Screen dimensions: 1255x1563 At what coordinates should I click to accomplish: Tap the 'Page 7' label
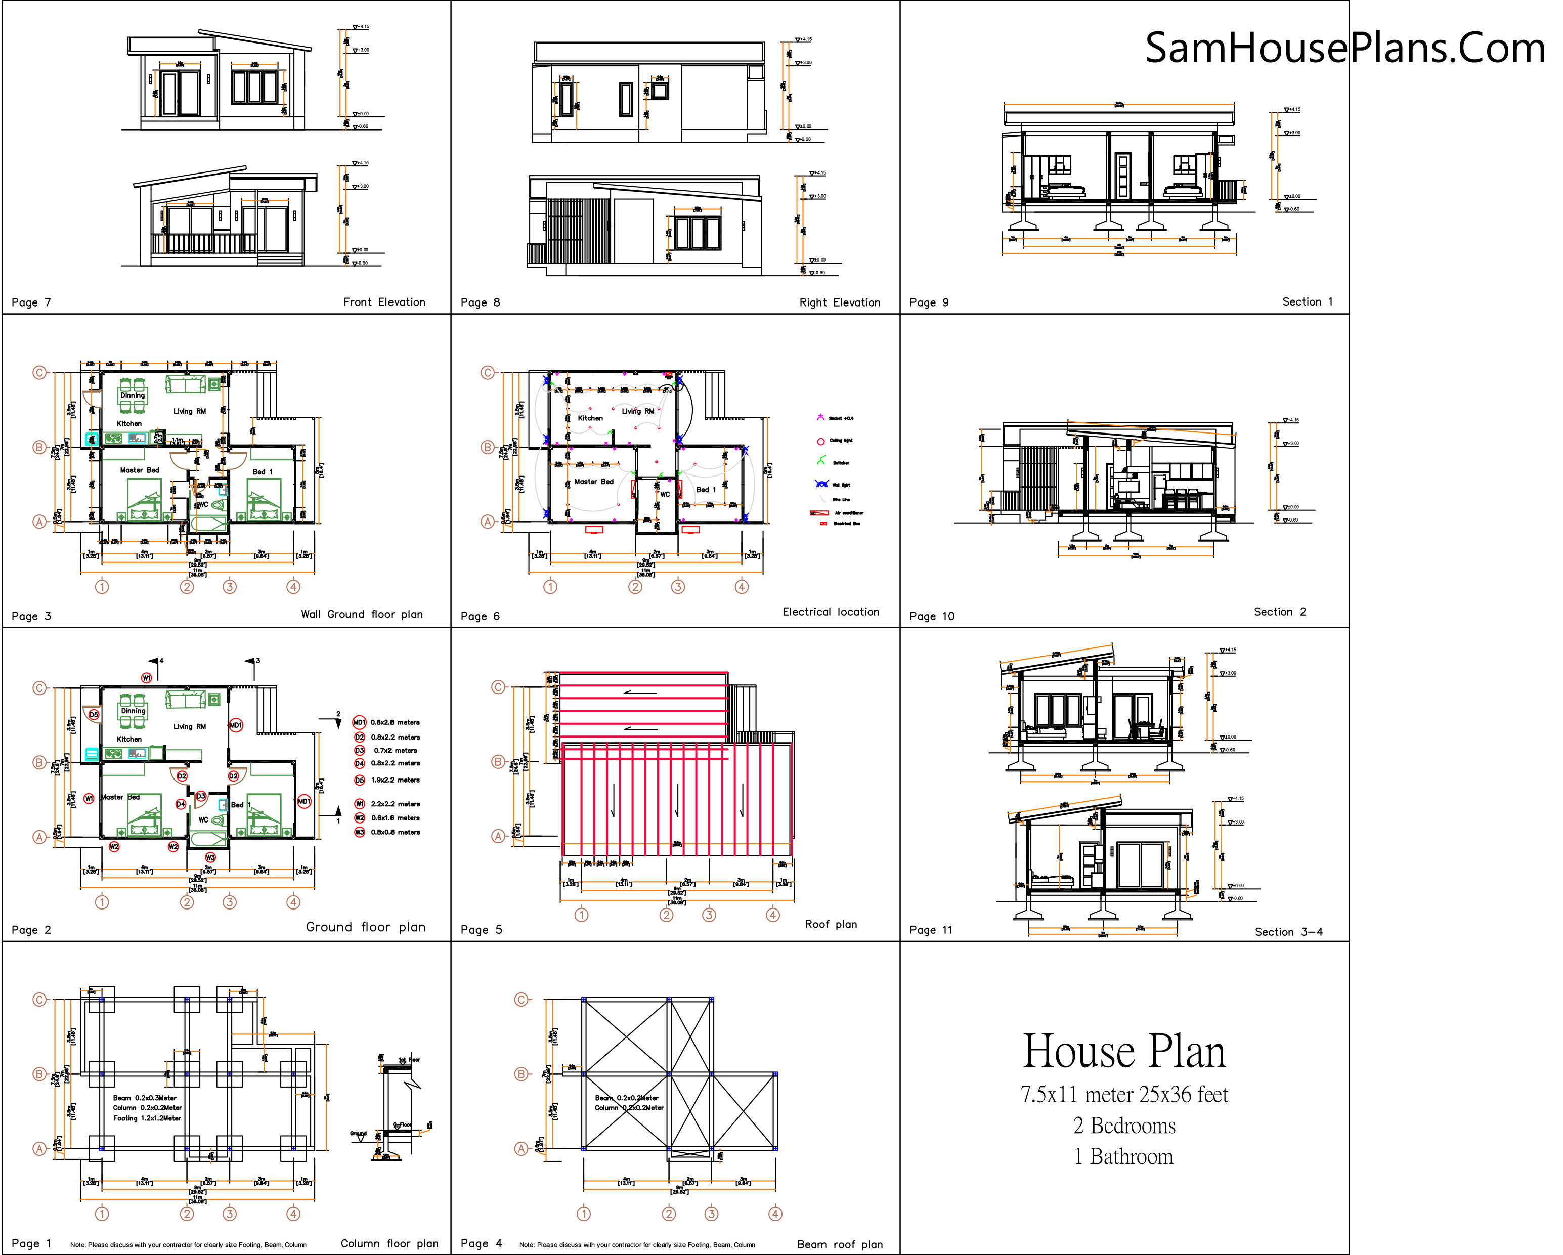pyautogui.click(x=31, y=302)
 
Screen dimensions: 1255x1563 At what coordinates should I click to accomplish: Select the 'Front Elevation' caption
pyautogui.click(x=384, y=301)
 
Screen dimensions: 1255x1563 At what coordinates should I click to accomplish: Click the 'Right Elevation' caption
pyautogui.click(x=840, y=302)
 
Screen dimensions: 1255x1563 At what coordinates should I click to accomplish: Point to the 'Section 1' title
pyautogui.click(x=1307, y=301)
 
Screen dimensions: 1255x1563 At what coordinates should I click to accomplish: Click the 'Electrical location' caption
pyautogui.click(x=831, y=611)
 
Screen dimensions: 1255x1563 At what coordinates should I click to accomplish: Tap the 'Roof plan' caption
pyautogui.click(x=831, y=924)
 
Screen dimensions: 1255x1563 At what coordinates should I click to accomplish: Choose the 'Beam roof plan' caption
pyautogui.click(x=840, y=1244)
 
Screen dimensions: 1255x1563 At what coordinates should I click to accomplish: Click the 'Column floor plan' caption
pyautogui.click(x=389, y=1243)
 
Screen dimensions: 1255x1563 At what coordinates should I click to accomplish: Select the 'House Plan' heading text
pyautogui.click(x=1123, y=1051)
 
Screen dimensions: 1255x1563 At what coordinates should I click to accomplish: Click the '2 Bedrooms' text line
pyautogui.click(x=1123, y=1125)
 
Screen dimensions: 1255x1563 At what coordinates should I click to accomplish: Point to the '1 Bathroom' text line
pyautogui.click(x=1123, y=1156)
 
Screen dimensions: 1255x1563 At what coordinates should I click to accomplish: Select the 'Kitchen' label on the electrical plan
pyautogui.click(x=590, y=418)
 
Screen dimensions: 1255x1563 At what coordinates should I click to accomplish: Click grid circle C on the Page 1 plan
pyautogui.click(x=39, y=1000)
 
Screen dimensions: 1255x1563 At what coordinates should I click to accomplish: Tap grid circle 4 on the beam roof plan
pyautogui.click(x=775, y=1214)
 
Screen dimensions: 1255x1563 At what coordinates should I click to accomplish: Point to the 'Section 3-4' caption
pyautogui.click(x=1288, y=932)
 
